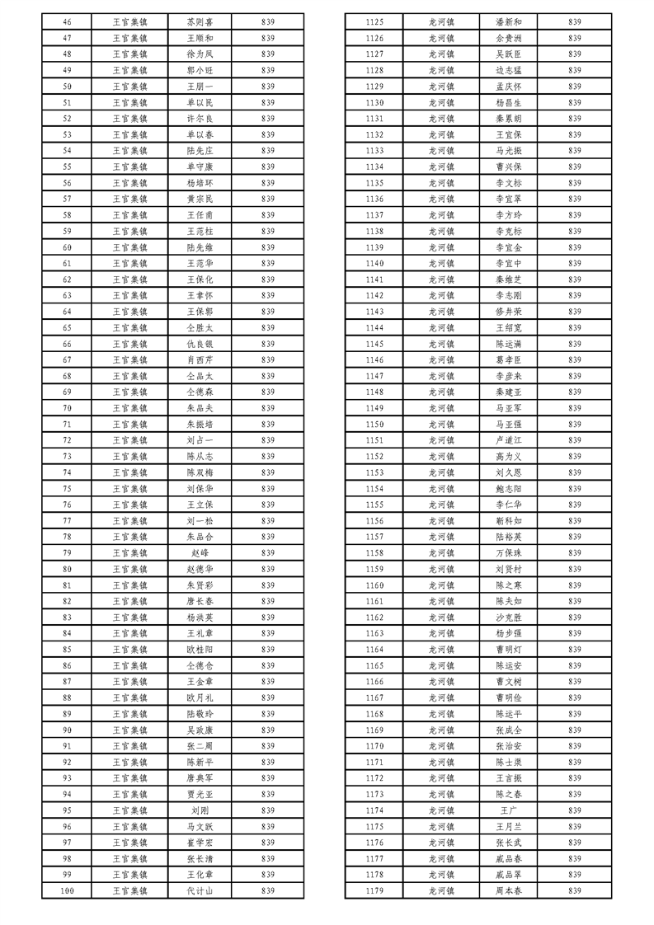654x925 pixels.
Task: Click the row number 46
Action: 67,22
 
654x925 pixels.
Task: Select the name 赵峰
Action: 200,552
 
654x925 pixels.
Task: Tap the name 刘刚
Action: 200,810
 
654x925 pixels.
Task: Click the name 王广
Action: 509,810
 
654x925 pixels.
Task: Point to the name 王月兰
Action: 509,826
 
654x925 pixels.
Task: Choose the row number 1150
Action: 374,424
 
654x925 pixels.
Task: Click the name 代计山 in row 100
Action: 200,891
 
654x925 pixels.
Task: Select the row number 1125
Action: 374,22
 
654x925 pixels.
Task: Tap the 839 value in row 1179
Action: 575,891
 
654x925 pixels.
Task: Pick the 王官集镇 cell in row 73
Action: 129,456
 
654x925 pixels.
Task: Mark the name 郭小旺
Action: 200,70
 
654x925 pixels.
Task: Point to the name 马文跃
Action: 200,826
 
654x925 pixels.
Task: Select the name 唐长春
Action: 200,601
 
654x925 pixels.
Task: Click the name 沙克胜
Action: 509,617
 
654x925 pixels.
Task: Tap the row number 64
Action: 67,312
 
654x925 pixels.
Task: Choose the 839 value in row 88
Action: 268,697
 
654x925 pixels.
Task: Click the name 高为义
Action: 509,456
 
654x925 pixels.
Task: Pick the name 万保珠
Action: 509,552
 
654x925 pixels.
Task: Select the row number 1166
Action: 374,681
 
